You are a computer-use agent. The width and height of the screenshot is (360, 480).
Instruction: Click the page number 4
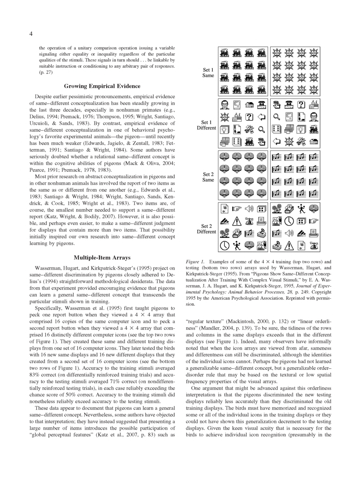coord(31,34)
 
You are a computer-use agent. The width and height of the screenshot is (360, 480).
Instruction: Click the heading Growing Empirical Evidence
coord(102,86)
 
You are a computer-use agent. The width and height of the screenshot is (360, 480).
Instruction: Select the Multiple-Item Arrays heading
coord(102,257)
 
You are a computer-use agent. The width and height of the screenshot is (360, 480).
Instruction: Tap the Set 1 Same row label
coord(208,72)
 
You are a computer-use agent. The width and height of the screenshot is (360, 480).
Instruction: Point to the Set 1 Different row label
coord(206,125)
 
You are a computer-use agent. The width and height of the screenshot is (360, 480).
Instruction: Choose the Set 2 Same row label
coord(208,177)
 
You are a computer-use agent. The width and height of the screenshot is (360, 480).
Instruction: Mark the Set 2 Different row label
coord(206,229)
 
